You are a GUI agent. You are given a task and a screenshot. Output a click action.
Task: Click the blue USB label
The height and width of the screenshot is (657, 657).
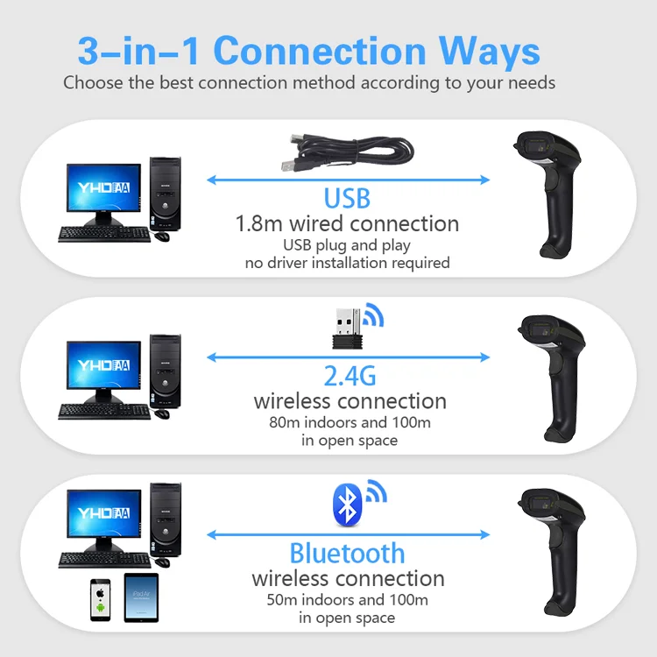click(x=347, y=198)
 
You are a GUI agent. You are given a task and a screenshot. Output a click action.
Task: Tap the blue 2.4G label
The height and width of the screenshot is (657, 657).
click(x=350, y=376)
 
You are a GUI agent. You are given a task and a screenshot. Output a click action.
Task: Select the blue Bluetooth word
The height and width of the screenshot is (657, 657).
click(x=347, y=553)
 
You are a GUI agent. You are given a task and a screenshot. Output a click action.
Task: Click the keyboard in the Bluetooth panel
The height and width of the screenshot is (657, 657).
click(x=102, y=559)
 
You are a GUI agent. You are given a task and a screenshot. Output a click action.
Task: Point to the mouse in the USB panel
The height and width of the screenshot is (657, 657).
click(x=163, y=237)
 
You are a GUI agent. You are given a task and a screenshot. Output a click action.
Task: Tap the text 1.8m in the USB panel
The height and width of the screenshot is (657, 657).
click(x=257, y=223)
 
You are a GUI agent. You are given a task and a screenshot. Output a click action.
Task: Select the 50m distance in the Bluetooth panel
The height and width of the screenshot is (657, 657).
click(x=286, y=600)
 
